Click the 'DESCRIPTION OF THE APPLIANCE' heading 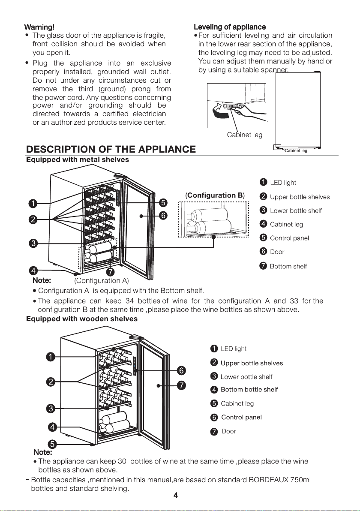[x=111, y=149]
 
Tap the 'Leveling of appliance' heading [x=230, y=27]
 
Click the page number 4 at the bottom [x=176, y=496]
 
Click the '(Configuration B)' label [x=215, y=195]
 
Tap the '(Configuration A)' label [x=102, y=281]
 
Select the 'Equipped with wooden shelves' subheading [x=82, y=319]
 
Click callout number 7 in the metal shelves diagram [x=111, y=272]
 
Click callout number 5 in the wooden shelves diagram [x=52, y=444]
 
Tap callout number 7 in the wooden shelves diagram [x=181, y=385]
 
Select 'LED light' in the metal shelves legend [x=283, y=183]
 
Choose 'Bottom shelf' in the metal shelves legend [x=288, y=266]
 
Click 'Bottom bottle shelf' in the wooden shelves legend [x=249, y=390]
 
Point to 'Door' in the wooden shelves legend [x=229, y=432]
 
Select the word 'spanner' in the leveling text [x=275, y=70]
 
